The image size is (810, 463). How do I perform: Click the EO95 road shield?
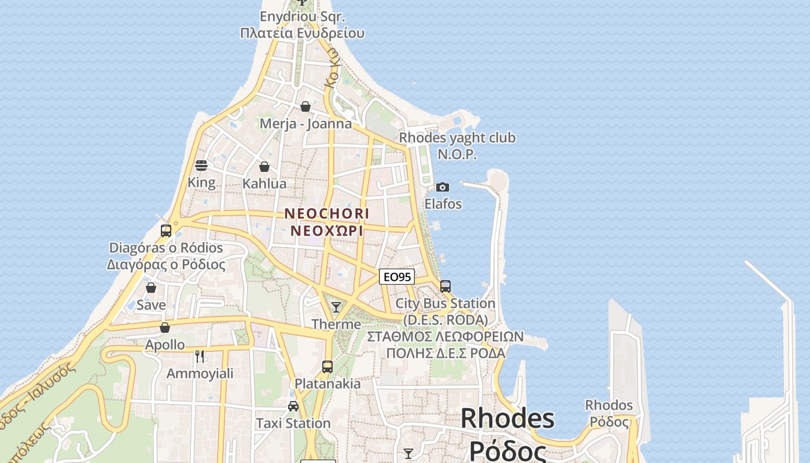pos(397,277)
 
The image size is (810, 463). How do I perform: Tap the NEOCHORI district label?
pos(327,214)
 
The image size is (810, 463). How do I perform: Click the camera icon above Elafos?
pos(443,187)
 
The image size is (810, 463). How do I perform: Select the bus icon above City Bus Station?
pos(445,286)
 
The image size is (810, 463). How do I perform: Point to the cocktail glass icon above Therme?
pos(336,307)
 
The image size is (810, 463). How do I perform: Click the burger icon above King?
pos(201,166)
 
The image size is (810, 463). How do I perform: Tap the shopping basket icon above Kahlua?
pos(264,167)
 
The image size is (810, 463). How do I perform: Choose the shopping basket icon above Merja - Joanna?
pos(305,106)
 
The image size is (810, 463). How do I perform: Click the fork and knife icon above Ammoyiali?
pos(200,356)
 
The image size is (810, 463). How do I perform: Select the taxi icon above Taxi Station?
pos(293,406)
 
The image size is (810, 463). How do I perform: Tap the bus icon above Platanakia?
pos(327,366)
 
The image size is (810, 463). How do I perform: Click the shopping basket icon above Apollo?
pos(165,328)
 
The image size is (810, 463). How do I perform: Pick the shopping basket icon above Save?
pos(151,288)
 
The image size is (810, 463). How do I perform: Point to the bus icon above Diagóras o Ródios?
pos(166,230)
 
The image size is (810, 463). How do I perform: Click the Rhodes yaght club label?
pos(457,138)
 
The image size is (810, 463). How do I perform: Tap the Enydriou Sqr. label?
pos(302,16)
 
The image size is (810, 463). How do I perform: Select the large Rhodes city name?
pos(507,418)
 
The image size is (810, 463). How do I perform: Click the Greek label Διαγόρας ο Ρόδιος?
pos(166,264)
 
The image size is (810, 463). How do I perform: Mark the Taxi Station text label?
pos(293,424)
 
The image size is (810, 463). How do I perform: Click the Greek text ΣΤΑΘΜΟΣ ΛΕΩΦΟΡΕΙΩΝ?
pos(446,337)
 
